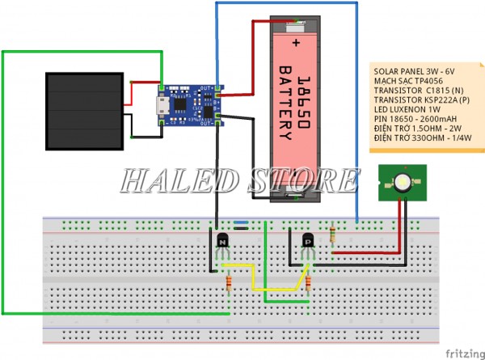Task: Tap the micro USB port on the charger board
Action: [x=162, y=104]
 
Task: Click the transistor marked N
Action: [x=224, y=240]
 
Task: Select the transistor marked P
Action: [x=307, y=241]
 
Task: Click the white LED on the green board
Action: [x=401, y=182]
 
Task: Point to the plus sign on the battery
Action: [x=297, y=40]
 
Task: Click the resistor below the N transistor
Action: [x=233, y=282]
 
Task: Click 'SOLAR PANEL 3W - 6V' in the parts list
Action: [x=414, y=71]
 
